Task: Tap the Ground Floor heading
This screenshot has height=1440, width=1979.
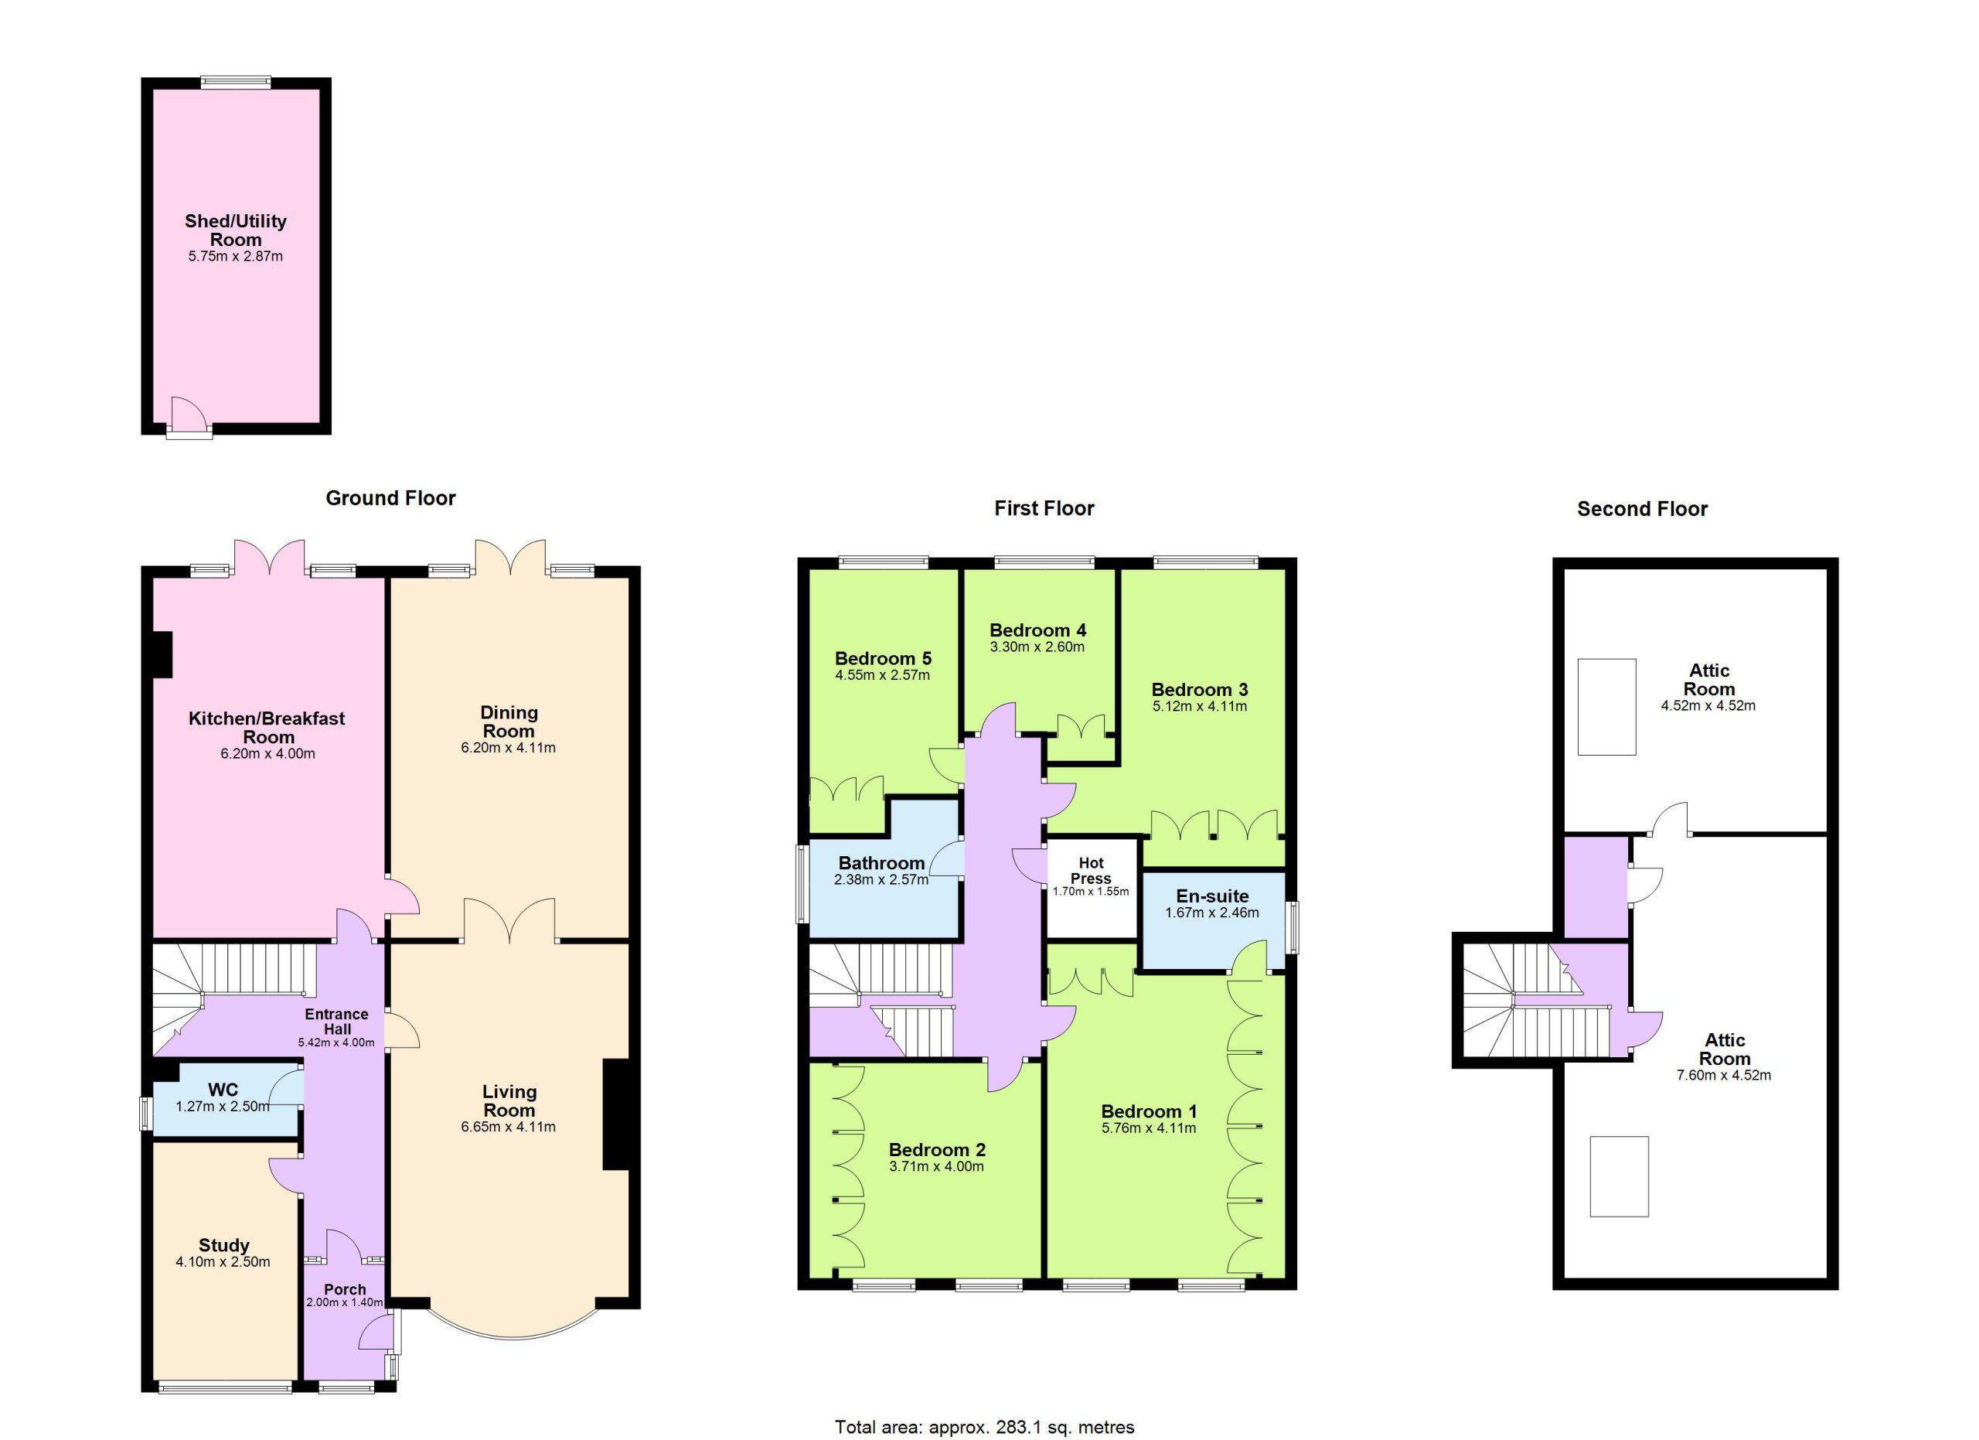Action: [x=390, y=498]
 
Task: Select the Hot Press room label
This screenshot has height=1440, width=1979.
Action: [x=1091, y=871]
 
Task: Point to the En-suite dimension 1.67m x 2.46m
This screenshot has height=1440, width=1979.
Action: [x=1212, y=913]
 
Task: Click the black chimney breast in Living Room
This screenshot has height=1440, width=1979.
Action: [x=616, y=1114]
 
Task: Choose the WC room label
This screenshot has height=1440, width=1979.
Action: [x=223, y=1090]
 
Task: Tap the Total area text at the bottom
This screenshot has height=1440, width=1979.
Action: [x=985, y=1427]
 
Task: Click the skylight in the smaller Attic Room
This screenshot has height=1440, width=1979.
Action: [x=1606, y=707]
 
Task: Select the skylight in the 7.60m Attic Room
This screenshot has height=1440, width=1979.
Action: [x=1619, y=1176]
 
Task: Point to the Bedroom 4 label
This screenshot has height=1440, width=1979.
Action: [x=1037, y=630]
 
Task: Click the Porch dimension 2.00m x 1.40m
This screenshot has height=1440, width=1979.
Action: [x=345, y=1302]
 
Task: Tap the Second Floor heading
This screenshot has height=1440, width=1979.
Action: [x=1642, y=509]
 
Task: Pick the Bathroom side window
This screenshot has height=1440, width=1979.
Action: [x=801, y=883]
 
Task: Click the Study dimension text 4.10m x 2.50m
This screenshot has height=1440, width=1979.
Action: [x=223, y=1262]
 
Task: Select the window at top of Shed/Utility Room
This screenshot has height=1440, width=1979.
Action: [x=236, y=82]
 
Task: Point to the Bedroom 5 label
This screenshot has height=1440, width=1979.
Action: [x=883, y=659]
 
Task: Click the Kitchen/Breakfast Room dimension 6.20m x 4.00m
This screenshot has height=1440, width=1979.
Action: [x=268, y=753]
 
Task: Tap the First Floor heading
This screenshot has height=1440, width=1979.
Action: [x=1044, y=509]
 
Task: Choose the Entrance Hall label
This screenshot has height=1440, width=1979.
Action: [x=337, y=1022]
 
